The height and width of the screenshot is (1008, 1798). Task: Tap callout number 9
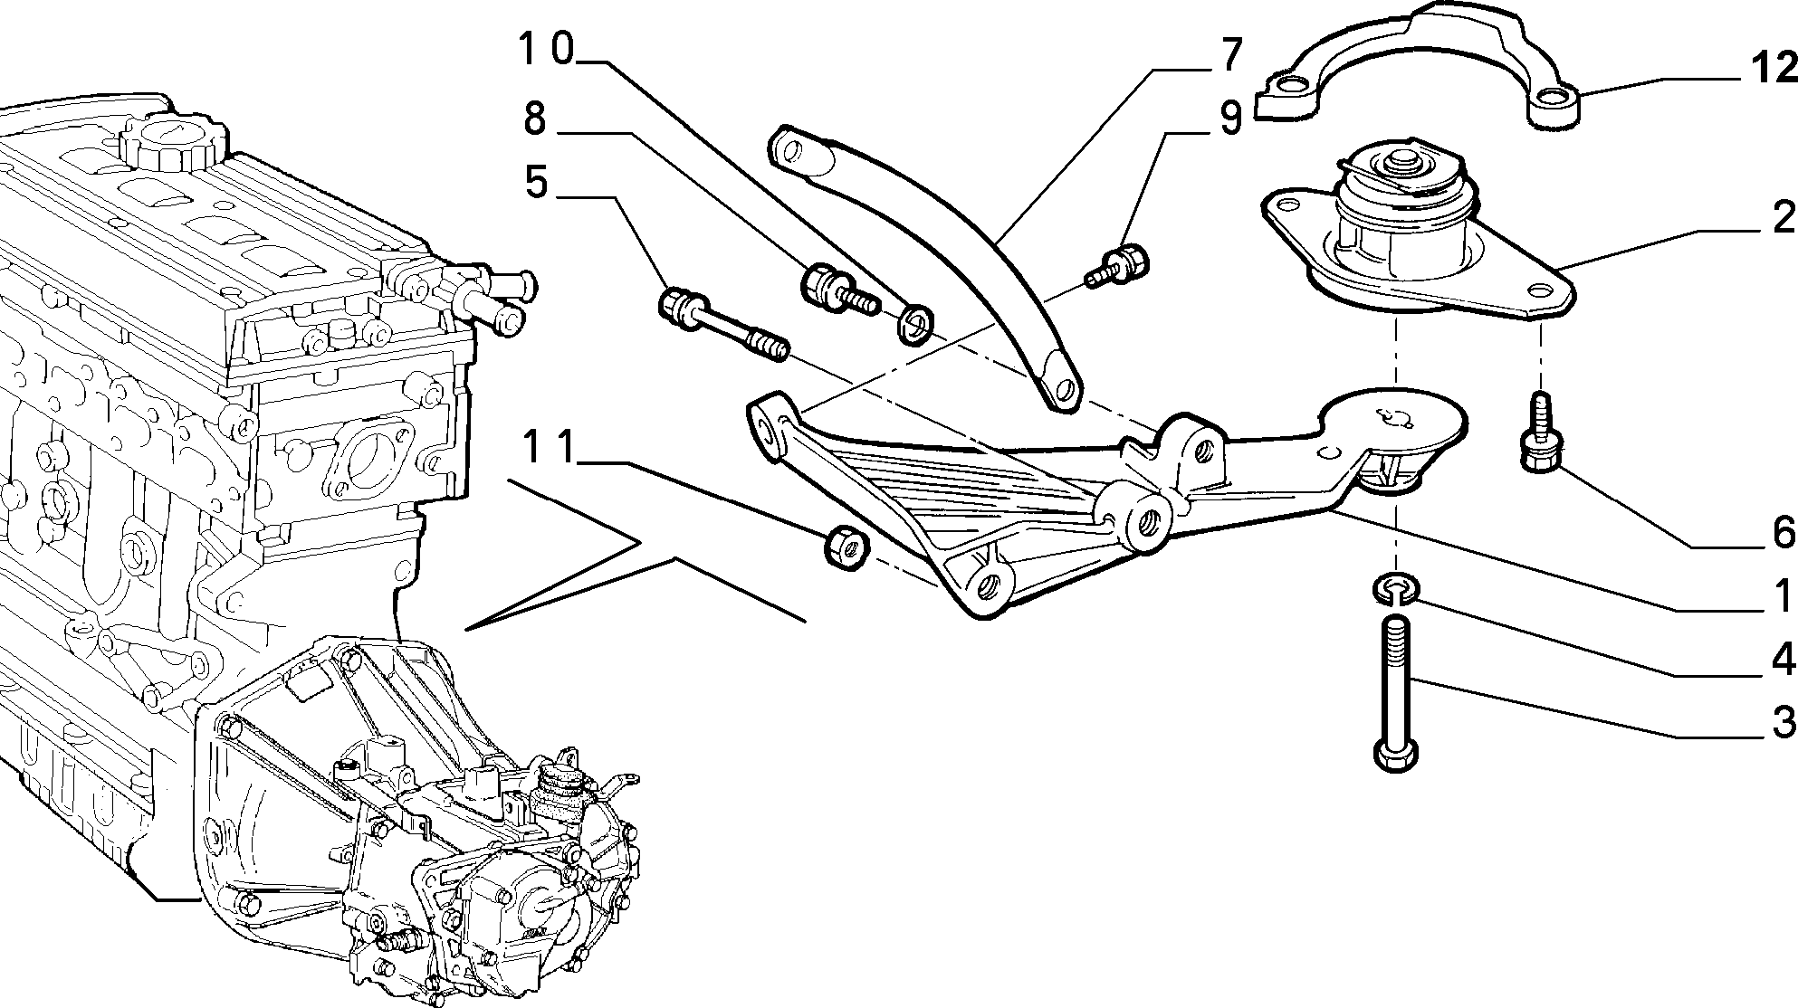[1230, 119]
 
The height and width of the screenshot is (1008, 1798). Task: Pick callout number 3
[1783, 723]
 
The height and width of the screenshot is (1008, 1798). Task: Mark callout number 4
[1783, 661]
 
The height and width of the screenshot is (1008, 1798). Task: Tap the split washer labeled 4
[1395, 589]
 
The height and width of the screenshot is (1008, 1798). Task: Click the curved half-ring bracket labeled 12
[1418, 63]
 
